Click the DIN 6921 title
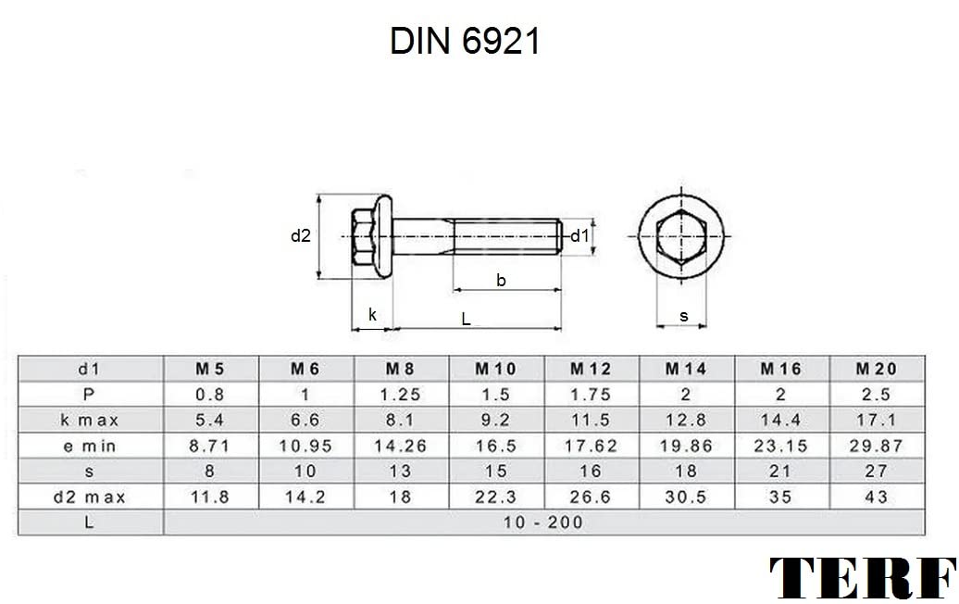click(465, 42)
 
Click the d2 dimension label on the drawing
click(300, 235)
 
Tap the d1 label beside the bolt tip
click(579, 235)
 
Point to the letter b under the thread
click(501, 281)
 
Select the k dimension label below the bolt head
click(372, 315)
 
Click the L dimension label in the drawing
click(466, 319)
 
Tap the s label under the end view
click(684, 317)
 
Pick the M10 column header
click(495, 369)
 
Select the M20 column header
click(876, 369)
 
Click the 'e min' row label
click(89, 447)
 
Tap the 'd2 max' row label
click(89, 497)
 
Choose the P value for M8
click(400, 395)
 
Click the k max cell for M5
click(210, 421)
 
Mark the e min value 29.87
click(876, 447)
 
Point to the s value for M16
click(780, 472)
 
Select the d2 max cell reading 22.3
click(495, 497)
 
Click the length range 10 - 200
click(543, 522)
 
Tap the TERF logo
click(863, 578)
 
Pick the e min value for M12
click(591, 447)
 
